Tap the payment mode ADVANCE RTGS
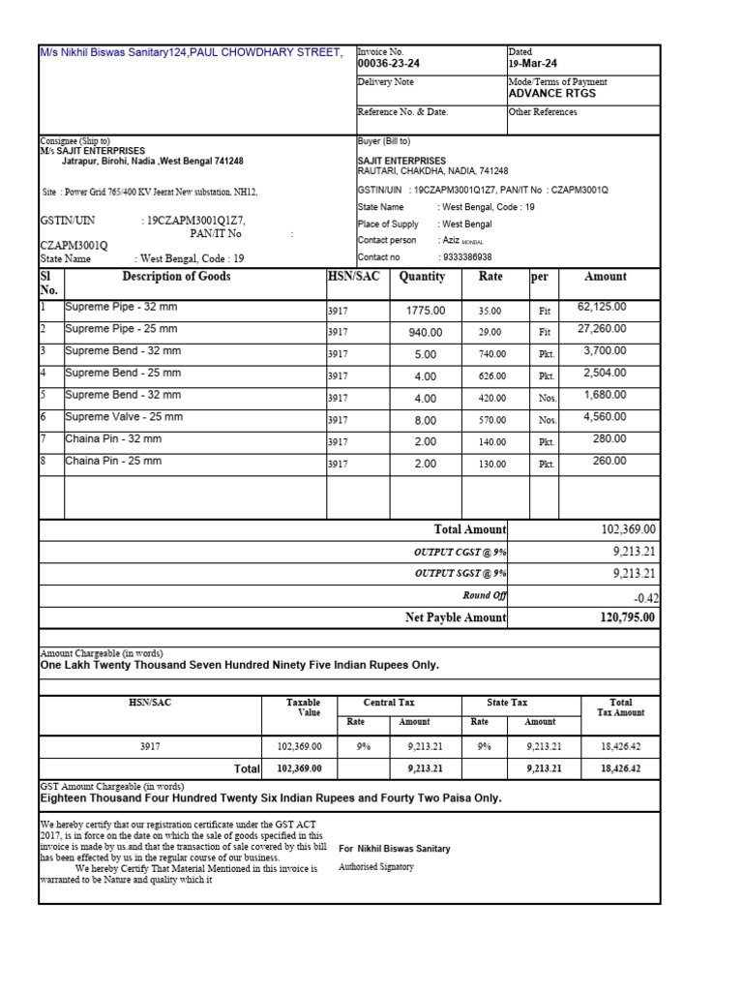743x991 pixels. [551, 94]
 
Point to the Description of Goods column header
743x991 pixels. [176, 277]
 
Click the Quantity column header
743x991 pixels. [422, 277]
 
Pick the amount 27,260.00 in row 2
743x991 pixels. [602, 328]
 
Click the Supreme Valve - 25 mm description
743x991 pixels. [123, 417]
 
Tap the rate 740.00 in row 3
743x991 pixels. [491, 355]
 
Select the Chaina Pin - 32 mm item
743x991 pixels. [113, 439]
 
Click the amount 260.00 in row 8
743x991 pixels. [609, 462]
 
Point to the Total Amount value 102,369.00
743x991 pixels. [628, 529]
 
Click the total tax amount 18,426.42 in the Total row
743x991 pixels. [620, 768]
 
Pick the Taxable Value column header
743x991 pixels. [303, 707]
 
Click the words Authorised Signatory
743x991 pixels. [376, 867]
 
